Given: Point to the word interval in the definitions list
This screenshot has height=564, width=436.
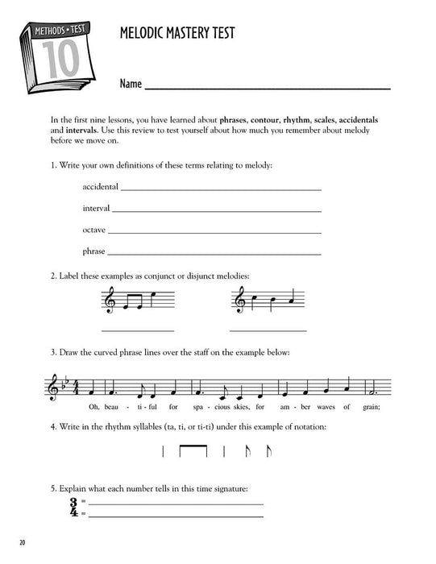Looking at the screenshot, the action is tap(97, 209).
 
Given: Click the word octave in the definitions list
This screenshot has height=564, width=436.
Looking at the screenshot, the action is tap(95, 230).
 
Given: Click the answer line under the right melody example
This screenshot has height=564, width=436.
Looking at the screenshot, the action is tap(268, 330).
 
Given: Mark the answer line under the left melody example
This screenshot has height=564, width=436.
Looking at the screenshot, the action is tap(137, 330).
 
